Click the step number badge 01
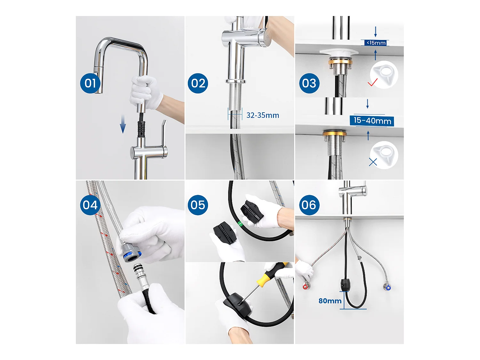click(90, 83)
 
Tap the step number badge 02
click(198, 83)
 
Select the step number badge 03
click(309, 83)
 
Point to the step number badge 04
click(90, 205)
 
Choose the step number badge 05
click(198, 205)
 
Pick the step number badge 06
click(309, 205)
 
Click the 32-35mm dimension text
click(262, 115)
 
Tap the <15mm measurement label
click(376, 43)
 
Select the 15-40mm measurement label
click(372, 121)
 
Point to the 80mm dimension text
click(330, 301)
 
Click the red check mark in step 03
click(372, 83)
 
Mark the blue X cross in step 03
click(373, 162)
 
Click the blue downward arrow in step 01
click(123, 124)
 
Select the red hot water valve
click(306, 286)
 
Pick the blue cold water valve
click(388, 288)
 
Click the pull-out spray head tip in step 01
click(98, 86)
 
